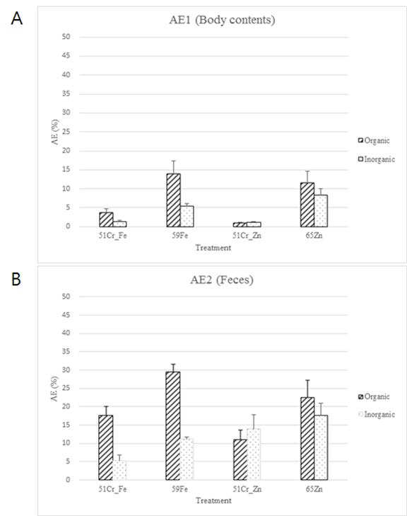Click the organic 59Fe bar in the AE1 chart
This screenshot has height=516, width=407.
pyautogui.click(x=173, y=200)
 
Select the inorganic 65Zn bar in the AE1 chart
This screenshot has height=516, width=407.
pyautogui.click(x=321, y=211)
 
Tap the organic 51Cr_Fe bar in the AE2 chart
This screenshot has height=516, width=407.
pyautogui.click(x=106, y=447)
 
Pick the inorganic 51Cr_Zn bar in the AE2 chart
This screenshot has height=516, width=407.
pyautogui.click(x=254, y=454)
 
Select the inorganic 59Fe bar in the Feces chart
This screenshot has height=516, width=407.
pyautogui.click(x=187, y=459)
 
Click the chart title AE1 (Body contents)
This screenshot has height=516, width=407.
pyautogui.click(x=222, y=20)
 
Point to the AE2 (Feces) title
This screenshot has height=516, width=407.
pyautogui.click(x=222, y=280)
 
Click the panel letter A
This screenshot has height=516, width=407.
pyautogui.click(x=17, y=18)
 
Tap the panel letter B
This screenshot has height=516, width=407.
pyautogui.click(x=16, y=279)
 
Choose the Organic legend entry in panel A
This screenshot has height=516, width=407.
pyautogui.click(x=374, y=141)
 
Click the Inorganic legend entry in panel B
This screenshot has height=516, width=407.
pyautogui.click(x=377, y=414)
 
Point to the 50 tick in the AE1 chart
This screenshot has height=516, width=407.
pyautogui.click(x=66, y=37)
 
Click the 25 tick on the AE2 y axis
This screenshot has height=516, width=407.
pyautogui.click(x=66, y=388)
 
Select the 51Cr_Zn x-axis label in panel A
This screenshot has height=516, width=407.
pyautogui.click(x=247, y=236)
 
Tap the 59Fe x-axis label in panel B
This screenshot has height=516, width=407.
pyautogui.click(x=179, y=489)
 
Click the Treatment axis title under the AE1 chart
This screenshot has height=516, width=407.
pyautogui.click(x=213, y=248)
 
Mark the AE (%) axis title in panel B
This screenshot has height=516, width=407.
pyautogui.click(x=54, y=389)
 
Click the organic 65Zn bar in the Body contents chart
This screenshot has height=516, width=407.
pyautogui.click(x=307, y=205)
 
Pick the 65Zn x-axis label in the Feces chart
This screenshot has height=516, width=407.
pyautogui.click(x=314, y=489)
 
